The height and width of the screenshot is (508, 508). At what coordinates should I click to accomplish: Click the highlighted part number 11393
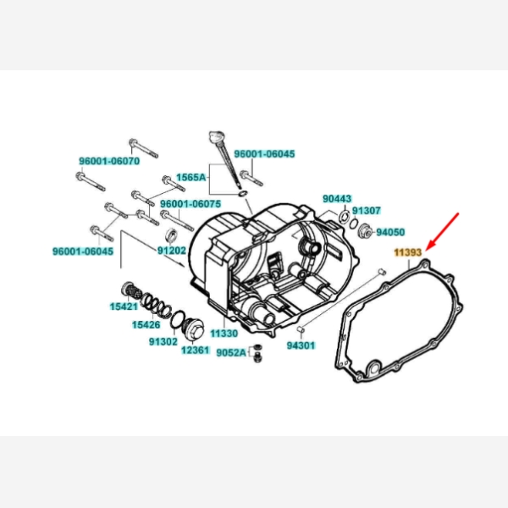[407, 252]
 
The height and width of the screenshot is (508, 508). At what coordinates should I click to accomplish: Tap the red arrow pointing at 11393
[443, 231]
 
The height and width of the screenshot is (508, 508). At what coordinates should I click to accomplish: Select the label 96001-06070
[109, 161]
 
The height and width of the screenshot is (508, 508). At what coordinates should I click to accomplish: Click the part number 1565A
[191, 177]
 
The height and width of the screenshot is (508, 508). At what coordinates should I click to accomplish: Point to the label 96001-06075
[190, 204]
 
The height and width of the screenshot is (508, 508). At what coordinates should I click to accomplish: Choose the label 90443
[337, 199]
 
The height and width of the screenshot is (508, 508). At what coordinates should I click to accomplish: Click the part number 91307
[366, 211]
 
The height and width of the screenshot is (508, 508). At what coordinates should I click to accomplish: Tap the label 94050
[390, 232]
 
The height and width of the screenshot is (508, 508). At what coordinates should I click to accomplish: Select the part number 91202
[172, 251]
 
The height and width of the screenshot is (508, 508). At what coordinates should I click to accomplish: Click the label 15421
[124, 306]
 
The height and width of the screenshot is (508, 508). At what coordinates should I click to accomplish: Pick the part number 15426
[146, 324]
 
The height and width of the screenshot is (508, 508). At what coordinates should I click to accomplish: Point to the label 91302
[163, 341]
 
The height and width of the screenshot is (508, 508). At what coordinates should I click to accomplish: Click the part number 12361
[196, 351]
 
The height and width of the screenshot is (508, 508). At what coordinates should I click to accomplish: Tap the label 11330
[224, 333]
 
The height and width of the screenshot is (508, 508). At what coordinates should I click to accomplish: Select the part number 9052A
[231, 352]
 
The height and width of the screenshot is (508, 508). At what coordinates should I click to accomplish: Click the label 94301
[301, 345]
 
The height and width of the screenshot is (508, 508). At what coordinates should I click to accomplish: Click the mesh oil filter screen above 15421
[130, 290]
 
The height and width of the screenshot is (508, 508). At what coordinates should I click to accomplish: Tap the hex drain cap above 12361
[194, 329]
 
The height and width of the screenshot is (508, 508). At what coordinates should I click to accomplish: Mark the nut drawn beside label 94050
[365, 230]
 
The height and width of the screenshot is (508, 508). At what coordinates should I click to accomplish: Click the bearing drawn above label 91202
[172, 235]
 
